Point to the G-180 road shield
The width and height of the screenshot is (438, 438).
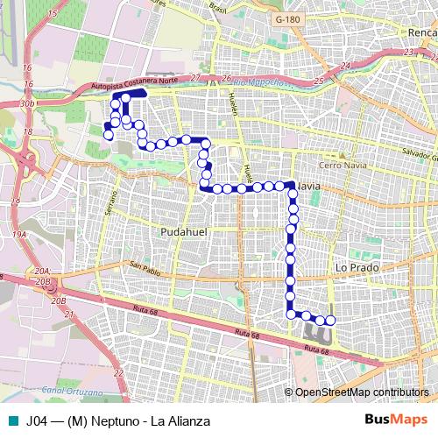(x=287, y=18)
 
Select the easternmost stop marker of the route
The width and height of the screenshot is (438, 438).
(x=330, y=321)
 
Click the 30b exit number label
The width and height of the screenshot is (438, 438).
(x=28, y=103)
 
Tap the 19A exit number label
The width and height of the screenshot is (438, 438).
(x=20, y=235)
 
